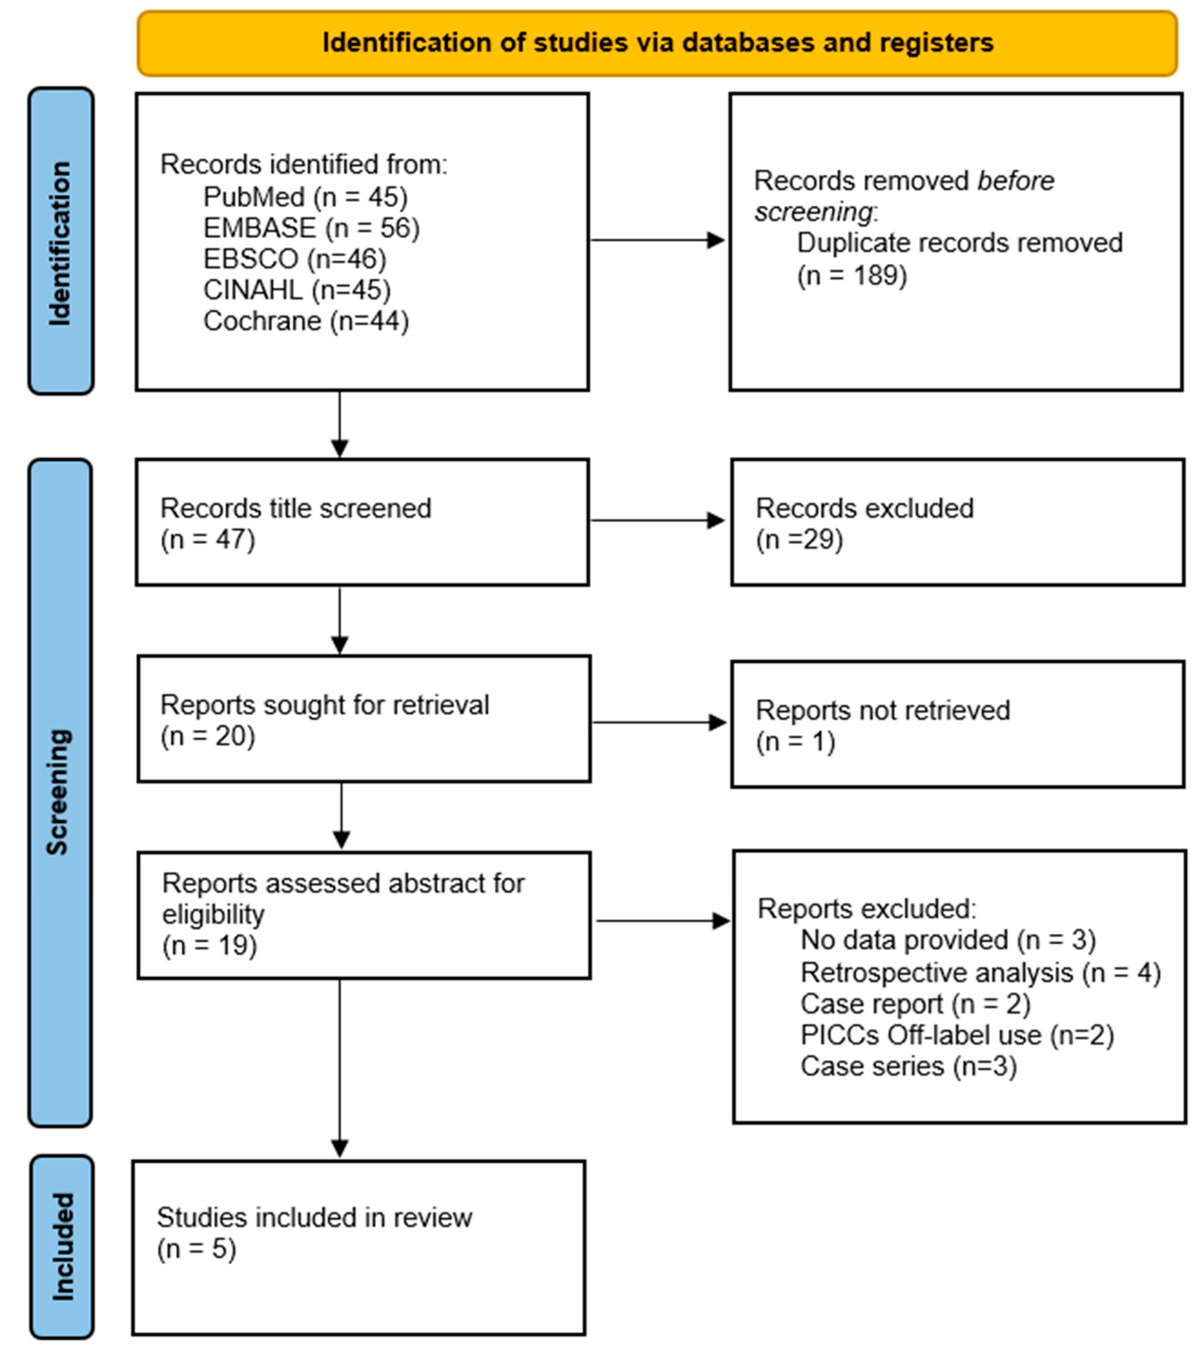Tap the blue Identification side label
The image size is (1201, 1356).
click(x=60, y=242)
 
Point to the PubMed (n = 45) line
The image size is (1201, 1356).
click(x=305, y=197)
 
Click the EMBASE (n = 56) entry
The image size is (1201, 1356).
click(x=311, y=228)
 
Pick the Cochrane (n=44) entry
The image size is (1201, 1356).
click(x=306, y=321)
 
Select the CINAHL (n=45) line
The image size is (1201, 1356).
click(x=296, y=290)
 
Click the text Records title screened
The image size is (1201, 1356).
click(x=296, y=508)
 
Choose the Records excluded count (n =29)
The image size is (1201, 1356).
click(x=799, y=539)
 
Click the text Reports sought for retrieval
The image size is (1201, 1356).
click(x=324, y=705)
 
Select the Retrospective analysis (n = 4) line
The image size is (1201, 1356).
click(x=980, y=972)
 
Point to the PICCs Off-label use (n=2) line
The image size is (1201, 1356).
click(x=957, y=1035)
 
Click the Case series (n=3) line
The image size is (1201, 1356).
click(x=908, y=1066)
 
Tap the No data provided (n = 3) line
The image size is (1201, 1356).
click(x=948, y=940)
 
